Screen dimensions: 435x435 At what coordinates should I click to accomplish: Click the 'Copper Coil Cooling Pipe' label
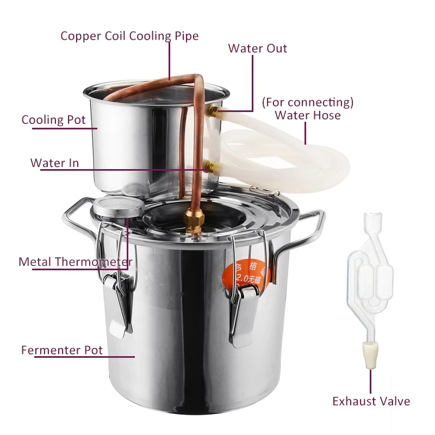[129, 36]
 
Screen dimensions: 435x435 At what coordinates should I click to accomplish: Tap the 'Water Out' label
[258, 48]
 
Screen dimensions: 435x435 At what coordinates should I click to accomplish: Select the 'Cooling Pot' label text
[54, 120]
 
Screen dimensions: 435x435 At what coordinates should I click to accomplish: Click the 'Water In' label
[54, 163]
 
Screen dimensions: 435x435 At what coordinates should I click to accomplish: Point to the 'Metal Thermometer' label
[75, 262]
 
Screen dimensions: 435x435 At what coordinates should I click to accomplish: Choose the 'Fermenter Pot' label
[62, 350]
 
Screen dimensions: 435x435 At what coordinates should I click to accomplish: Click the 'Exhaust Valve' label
[371, 401]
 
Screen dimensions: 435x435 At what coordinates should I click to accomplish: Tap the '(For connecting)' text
[308, 102]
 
